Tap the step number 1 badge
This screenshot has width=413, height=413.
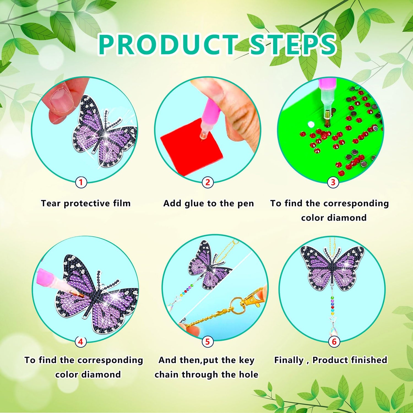tap(81, 182)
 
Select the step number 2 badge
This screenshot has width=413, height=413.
tap(208, 182)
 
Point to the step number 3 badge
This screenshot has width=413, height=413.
tap(333, 182)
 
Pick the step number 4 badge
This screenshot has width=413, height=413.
tap(80, 342)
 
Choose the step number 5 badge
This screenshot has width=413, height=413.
tap(207, 342)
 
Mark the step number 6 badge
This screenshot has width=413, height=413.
tap(334, 342)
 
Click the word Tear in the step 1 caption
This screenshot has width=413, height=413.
tap(51, 203)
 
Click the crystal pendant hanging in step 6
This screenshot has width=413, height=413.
tap(335, 328)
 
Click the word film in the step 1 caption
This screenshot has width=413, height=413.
tap(122, 203)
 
